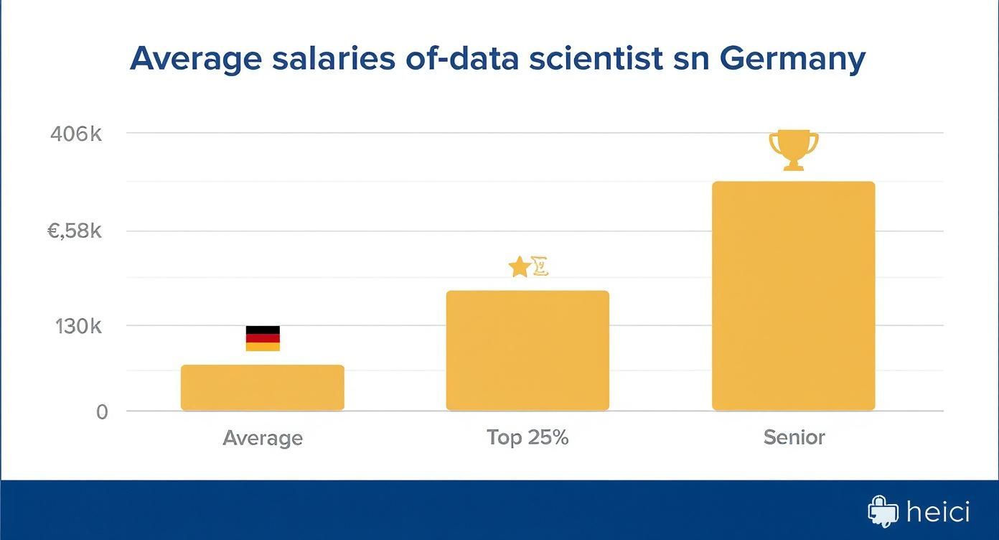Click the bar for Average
(263, 388)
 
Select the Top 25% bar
(527, 350)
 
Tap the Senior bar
(793, 296)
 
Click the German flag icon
(263, 338)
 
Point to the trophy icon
(793, 149)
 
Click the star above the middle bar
(519, 268)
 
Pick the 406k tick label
(77, 134)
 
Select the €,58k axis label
(75, 231)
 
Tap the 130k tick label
(79, 327)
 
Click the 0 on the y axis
(102, 412)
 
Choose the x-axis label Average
(263, 438)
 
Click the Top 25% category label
(527, 437)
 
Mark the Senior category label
(794, 437)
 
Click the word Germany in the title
(792, 59)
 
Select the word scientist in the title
(595, 59)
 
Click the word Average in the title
(195, 59)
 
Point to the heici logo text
(938, 512)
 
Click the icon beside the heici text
(883, 511)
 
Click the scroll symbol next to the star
(540, 268)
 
